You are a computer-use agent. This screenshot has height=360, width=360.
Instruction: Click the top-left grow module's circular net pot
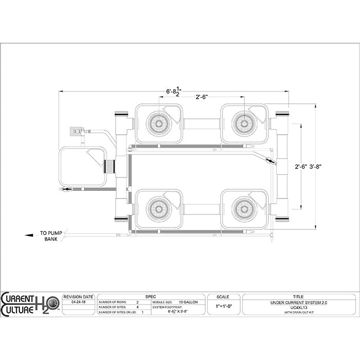[x=158, y=123]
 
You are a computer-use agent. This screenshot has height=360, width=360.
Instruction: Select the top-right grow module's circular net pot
[x=244, y=123]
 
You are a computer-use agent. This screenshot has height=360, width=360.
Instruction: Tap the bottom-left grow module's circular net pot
[x=158, y=209]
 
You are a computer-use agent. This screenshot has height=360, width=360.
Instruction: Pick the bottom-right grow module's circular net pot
[x=244, y=209]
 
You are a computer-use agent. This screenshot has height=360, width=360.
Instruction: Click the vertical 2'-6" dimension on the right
[x=302, y=167]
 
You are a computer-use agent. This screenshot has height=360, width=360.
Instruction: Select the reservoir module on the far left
[x=82, y=167]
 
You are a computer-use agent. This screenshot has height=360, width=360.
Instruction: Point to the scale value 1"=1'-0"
[x=223, y=305]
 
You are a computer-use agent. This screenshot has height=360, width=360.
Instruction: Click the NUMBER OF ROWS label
[x=112, y=302]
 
